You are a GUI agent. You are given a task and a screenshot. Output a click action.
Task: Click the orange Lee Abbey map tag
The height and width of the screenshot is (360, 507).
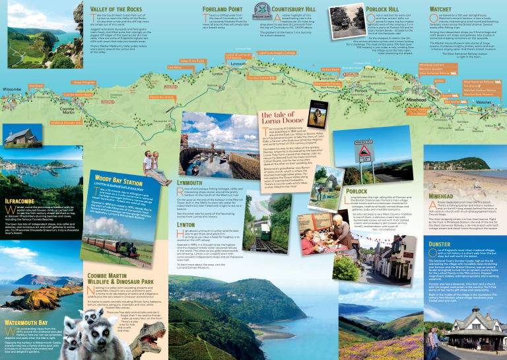click(x=174, y=67)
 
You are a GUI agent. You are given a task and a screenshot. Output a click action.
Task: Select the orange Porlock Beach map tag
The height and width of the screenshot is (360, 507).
click(x=331, y=69)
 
